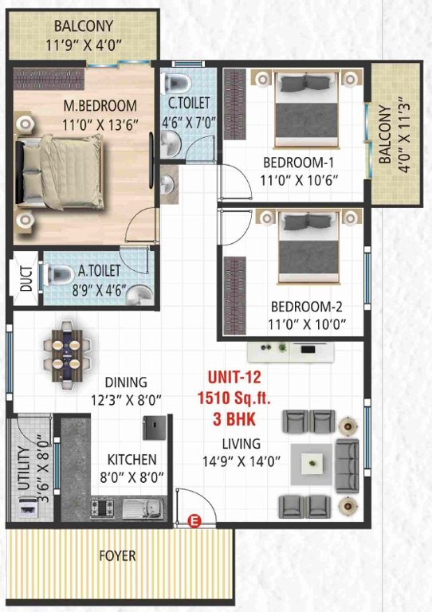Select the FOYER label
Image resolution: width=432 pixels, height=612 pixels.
click(x=118, y=555)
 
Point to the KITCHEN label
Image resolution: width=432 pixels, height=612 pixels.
click(x=132, y=460)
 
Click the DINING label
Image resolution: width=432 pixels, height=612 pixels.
click(x=125, y=382)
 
